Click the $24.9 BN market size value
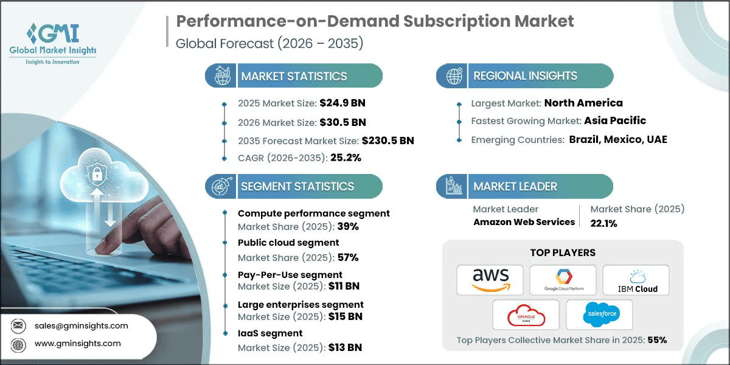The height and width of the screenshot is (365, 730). [x=341, y=103]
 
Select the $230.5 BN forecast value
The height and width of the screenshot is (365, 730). [x=388, y=141]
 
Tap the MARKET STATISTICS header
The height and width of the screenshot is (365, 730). [x=294, y=76]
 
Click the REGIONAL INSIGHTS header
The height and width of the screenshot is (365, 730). [x=525, y=76]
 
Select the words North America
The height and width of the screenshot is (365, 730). [x=583, y=103]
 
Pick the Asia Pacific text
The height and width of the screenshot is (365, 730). [x=615, y=120]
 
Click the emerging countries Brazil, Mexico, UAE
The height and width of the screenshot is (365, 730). [x=618, y=139]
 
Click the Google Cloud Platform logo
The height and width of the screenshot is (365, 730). [x=563, y=280]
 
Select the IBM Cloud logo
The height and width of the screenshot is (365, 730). [x=636, y=280]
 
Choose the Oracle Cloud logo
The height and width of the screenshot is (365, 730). [x=526, y=315]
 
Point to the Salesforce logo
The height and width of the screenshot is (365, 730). [x=599, y=315]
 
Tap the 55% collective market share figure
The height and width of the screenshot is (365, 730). [x=657, y=340]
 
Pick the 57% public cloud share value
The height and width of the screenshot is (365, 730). [x=349, y=257]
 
